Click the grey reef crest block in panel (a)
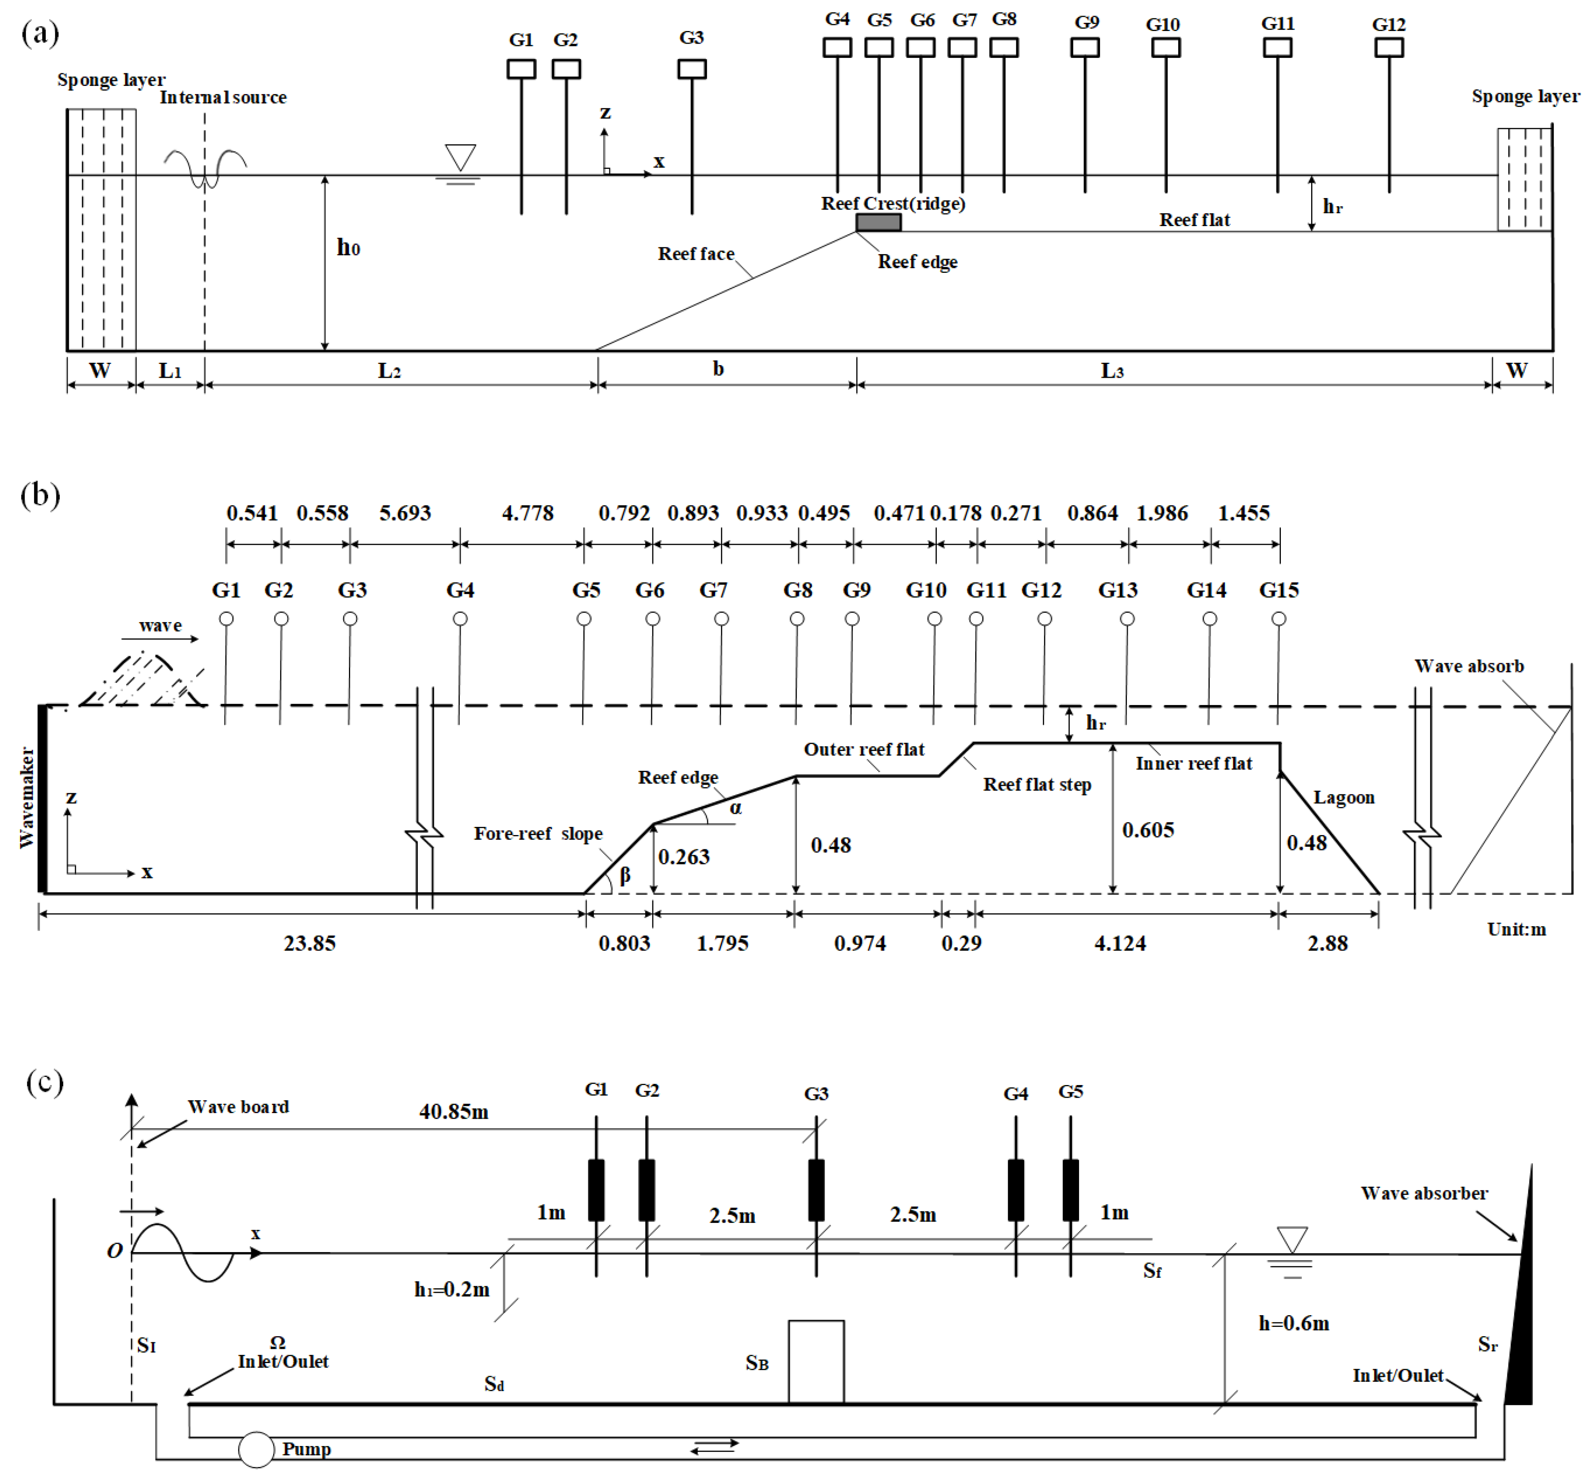point(878,222)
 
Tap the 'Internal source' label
point(223,98)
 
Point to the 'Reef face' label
point(696,254)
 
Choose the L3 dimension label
point(1112,371)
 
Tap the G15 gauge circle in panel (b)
point(1279,619)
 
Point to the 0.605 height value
point(1148,831)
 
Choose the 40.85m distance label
point(454,1112)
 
